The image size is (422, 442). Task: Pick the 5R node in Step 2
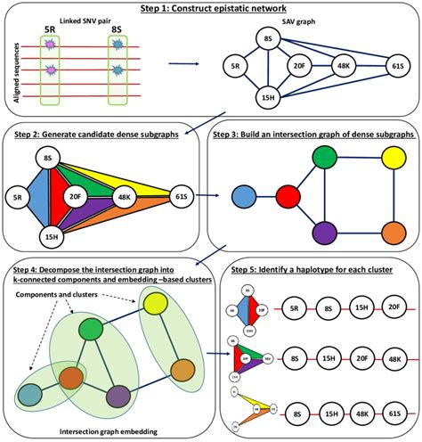(17, 196)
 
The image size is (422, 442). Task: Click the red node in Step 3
(287, 196)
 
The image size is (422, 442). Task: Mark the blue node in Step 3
(241, 196)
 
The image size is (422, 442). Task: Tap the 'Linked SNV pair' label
(64, 20)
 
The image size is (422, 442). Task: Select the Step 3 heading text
(312, 135)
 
